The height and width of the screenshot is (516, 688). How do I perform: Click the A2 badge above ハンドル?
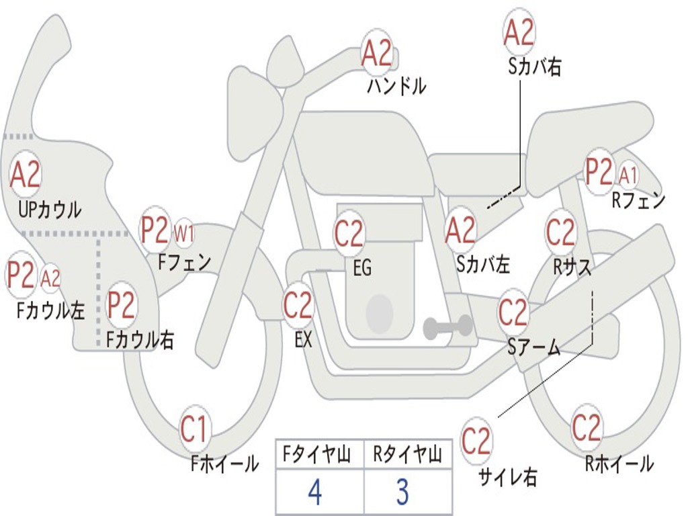pos(377,53)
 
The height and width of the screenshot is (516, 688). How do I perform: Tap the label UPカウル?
pos(50,210)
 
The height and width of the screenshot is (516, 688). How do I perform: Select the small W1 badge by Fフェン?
pos(184,234)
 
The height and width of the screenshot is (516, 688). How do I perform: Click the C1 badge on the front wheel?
pos(195,429)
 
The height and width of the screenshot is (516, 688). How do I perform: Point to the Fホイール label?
pos(225,463)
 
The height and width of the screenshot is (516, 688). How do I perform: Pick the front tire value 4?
pos(314,492)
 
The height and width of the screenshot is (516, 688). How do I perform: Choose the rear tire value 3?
pos(402,492)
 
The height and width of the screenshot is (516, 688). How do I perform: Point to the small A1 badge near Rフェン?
pos(628,175)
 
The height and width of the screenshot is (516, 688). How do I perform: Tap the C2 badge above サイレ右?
pos(476,441)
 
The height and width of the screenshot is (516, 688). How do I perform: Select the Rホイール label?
pos(619,463)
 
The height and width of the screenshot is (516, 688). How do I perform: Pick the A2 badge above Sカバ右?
pos(519,32)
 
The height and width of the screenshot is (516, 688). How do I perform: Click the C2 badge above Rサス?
pos(560,232)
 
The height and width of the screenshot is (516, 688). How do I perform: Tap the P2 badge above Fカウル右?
pos(122,305)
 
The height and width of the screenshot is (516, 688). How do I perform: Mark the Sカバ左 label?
pos(483,264)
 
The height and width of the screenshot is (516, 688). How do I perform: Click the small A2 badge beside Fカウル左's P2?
pos(50,277)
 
